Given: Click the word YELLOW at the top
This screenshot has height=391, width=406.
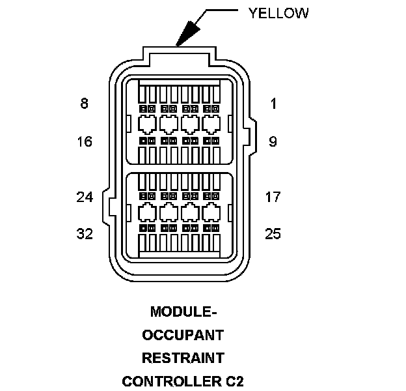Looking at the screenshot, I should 278,13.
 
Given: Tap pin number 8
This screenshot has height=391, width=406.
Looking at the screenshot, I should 84,103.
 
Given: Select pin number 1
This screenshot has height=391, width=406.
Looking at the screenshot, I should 273,103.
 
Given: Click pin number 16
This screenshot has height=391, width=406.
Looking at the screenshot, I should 85,141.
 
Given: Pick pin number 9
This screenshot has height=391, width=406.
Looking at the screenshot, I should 273,141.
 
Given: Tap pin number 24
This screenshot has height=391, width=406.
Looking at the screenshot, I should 85,197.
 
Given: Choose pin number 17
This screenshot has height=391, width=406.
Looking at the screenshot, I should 273,197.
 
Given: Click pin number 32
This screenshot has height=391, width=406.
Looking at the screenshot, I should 85,234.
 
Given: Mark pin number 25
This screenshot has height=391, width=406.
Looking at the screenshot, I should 273,234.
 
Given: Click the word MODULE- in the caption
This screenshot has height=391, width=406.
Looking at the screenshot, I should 183,311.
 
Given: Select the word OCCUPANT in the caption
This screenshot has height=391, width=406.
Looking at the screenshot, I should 183,335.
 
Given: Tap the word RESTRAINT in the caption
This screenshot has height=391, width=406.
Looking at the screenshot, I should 183,358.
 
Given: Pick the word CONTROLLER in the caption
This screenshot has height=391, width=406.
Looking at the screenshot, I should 170,381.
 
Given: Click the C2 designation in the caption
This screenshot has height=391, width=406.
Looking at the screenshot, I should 234,381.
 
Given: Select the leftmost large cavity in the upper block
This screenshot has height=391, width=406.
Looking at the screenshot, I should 148,124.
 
